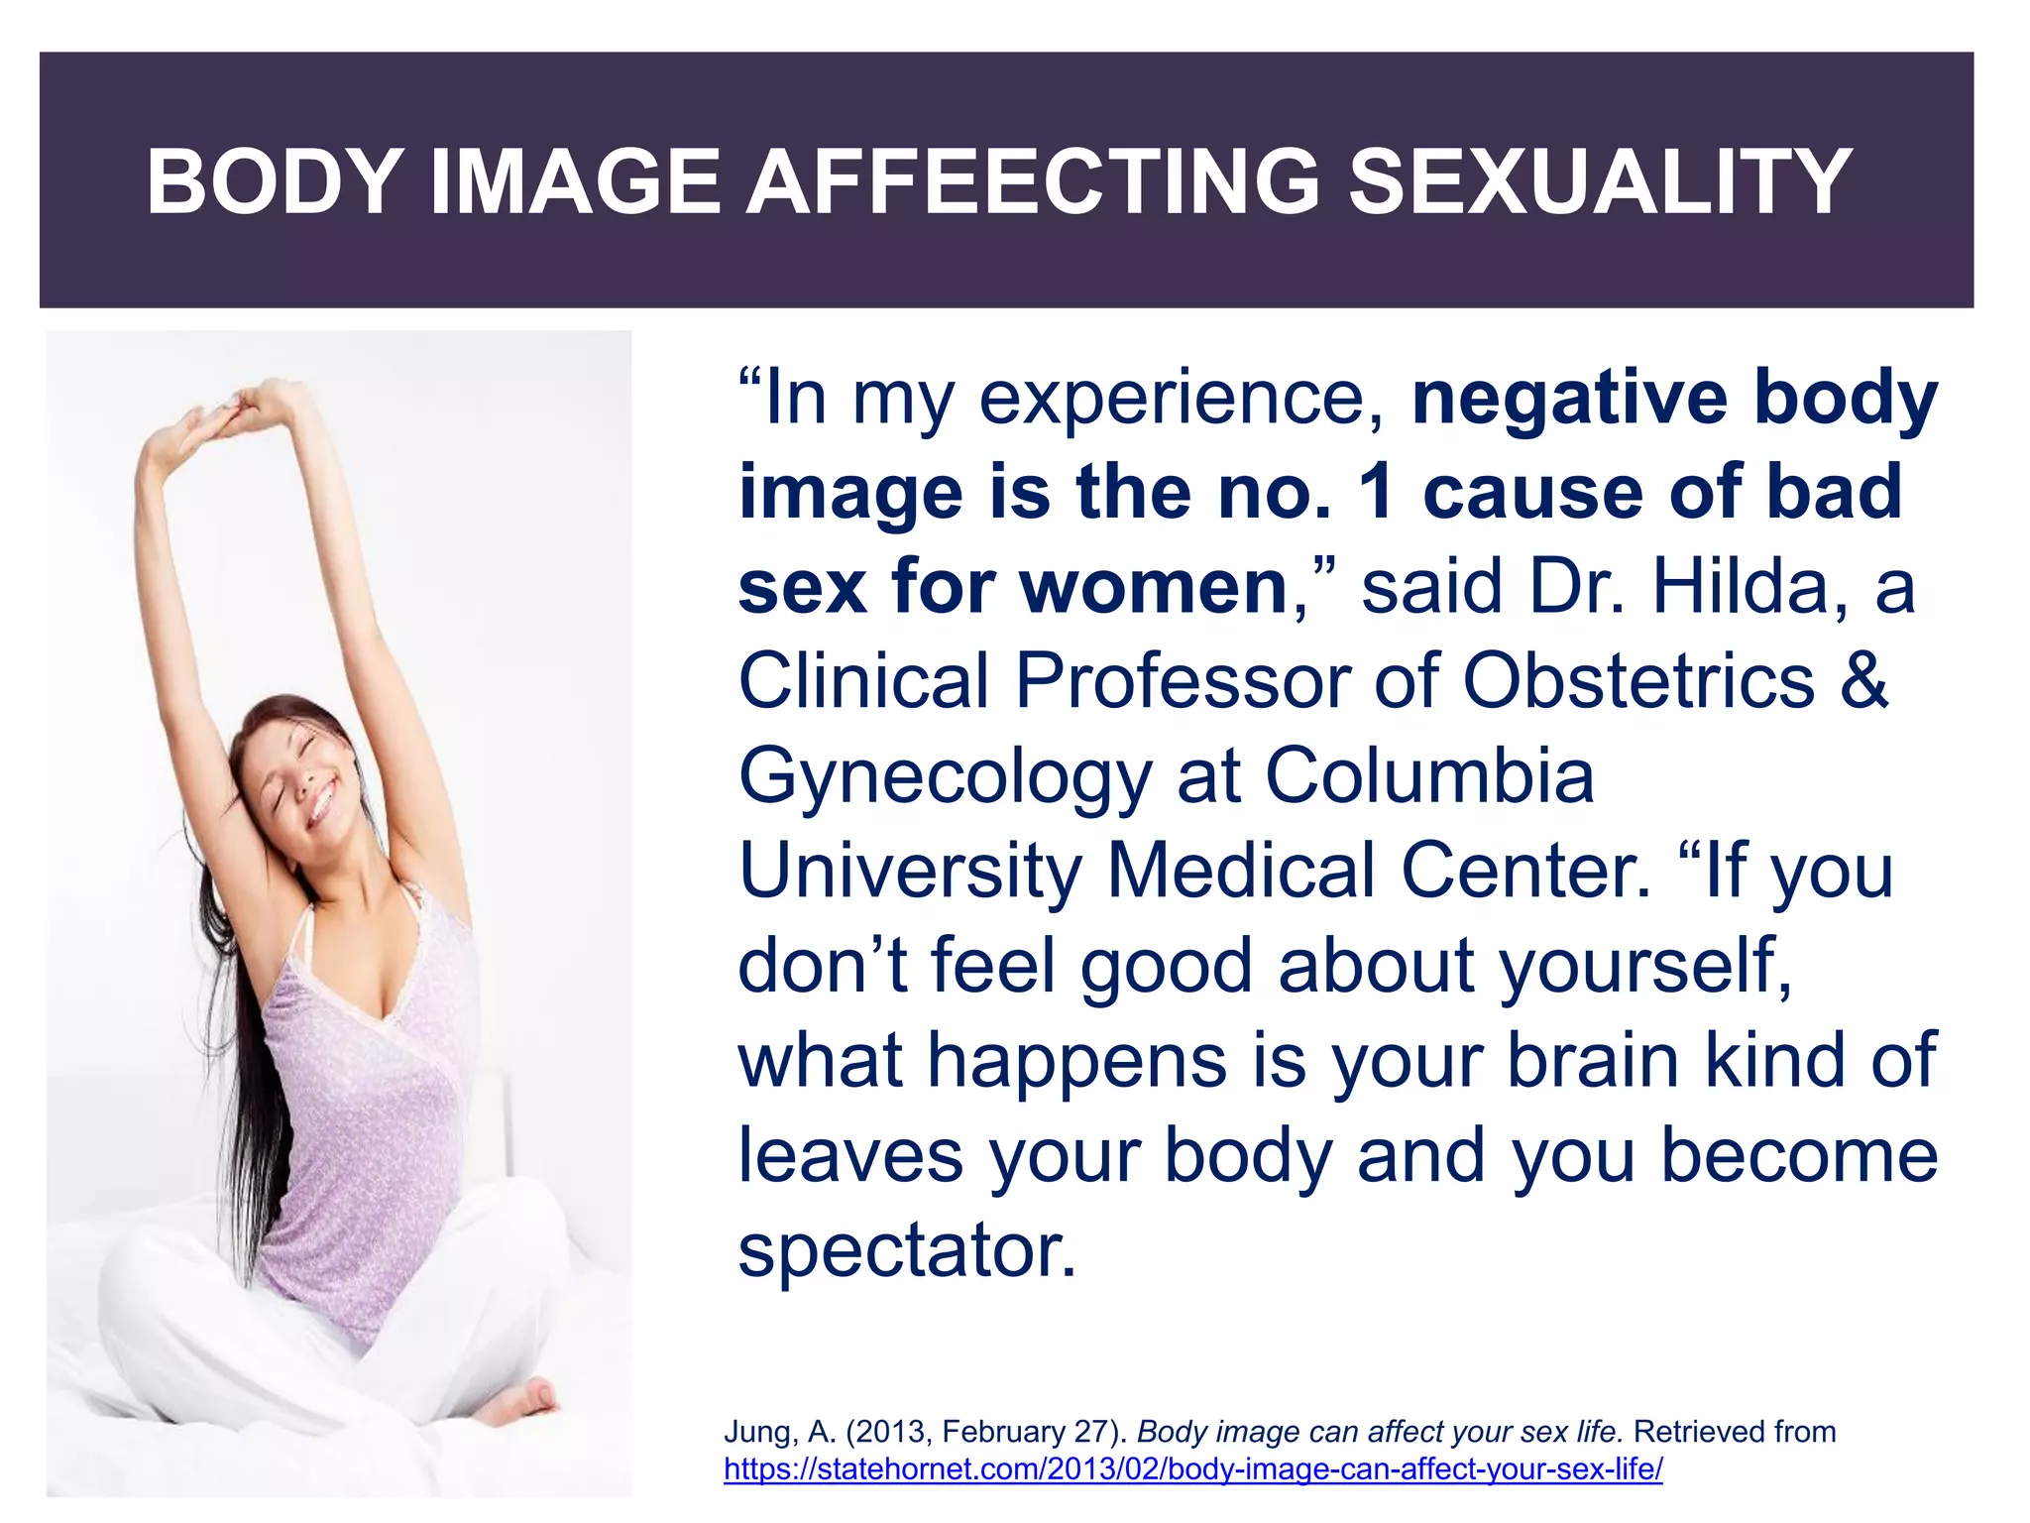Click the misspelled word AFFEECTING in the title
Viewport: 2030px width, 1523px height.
[x=1034, y=181]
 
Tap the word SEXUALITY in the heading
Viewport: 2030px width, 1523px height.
[x=1600, y=181]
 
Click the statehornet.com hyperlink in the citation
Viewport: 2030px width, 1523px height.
[x=1192, y=1469]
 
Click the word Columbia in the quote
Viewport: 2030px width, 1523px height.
[x=1429, y=775]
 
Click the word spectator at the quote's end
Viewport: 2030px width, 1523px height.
[x=906, y=1251]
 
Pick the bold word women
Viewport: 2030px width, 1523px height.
[x=1154, y=587]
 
